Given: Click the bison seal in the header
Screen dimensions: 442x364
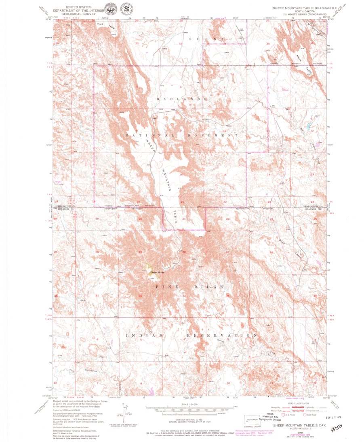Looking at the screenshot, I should [x=109, y=9].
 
